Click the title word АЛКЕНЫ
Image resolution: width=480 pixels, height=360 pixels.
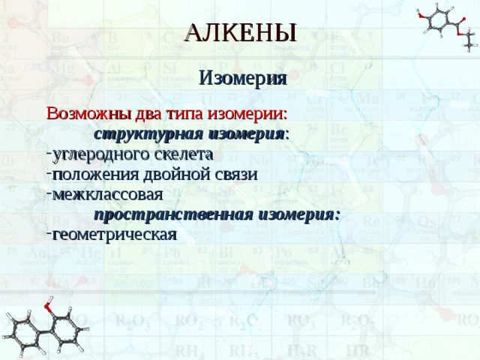[240, 32]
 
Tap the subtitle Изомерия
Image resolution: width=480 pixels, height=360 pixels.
[241, 79]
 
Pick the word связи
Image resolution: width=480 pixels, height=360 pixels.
[238, 174]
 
